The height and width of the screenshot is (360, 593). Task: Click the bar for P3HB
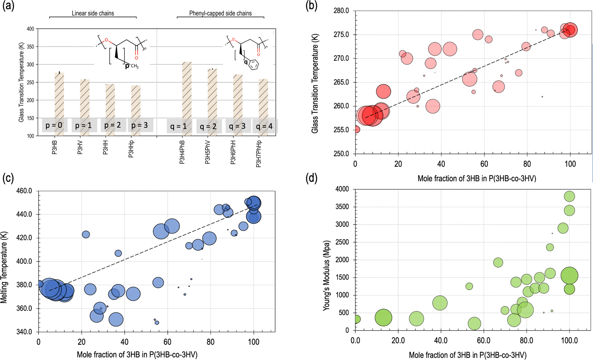59,96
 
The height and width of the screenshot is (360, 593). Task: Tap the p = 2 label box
113,125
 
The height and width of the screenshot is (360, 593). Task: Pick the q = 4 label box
265,126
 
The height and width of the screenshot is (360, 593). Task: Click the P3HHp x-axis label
131,149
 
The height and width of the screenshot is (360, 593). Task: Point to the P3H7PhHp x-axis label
258,154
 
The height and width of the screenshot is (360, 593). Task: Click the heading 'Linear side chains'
93,13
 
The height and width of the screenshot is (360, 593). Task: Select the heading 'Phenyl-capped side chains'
220,13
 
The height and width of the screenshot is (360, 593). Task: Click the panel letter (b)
311,6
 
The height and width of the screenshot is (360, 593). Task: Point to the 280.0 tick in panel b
342,11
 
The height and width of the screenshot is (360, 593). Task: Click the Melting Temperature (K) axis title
4,267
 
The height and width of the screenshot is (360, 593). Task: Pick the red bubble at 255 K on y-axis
357,129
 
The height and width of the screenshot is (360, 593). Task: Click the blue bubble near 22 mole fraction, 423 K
86,234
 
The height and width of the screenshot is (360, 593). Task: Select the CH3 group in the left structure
134,66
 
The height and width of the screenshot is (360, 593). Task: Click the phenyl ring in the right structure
254,65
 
